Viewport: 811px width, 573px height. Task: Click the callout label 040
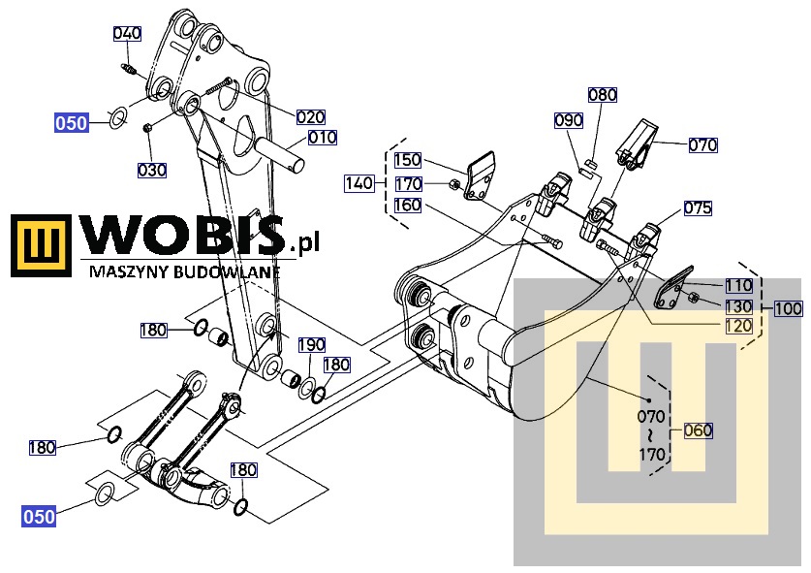pyautogui.click(x=127, y=34)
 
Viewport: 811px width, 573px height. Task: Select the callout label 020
pyautogui.click(x=310, y=116)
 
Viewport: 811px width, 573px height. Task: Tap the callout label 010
pyautogui.click(x=323, y=138)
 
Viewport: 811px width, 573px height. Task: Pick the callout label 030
pyautogui.click(x=151, y=170)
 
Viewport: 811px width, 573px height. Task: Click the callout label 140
pyautogui.click(x=359, y=182)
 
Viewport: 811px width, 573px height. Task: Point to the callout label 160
pyautogui.click(x=407, y=205)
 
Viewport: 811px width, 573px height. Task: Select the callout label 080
pyautogui.click(x=602, y=95)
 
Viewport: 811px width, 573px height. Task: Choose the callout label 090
pyautogui.click(x=568, y=120)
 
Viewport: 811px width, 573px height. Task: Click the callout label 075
pyautogui.click(x=698, y=207)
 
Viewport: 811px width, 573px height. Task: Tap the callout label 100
pyautogui.click(x=789, y=308)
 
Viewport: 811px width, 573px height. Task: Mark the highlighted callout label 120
pyautogui.click(x=738, y=326)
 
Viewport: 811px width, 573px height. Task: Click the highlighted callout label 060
pyautogui.click(x=698, y=430)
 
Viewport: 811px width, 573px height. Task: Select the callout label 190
pyautogui.click(x=311, y=345)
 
